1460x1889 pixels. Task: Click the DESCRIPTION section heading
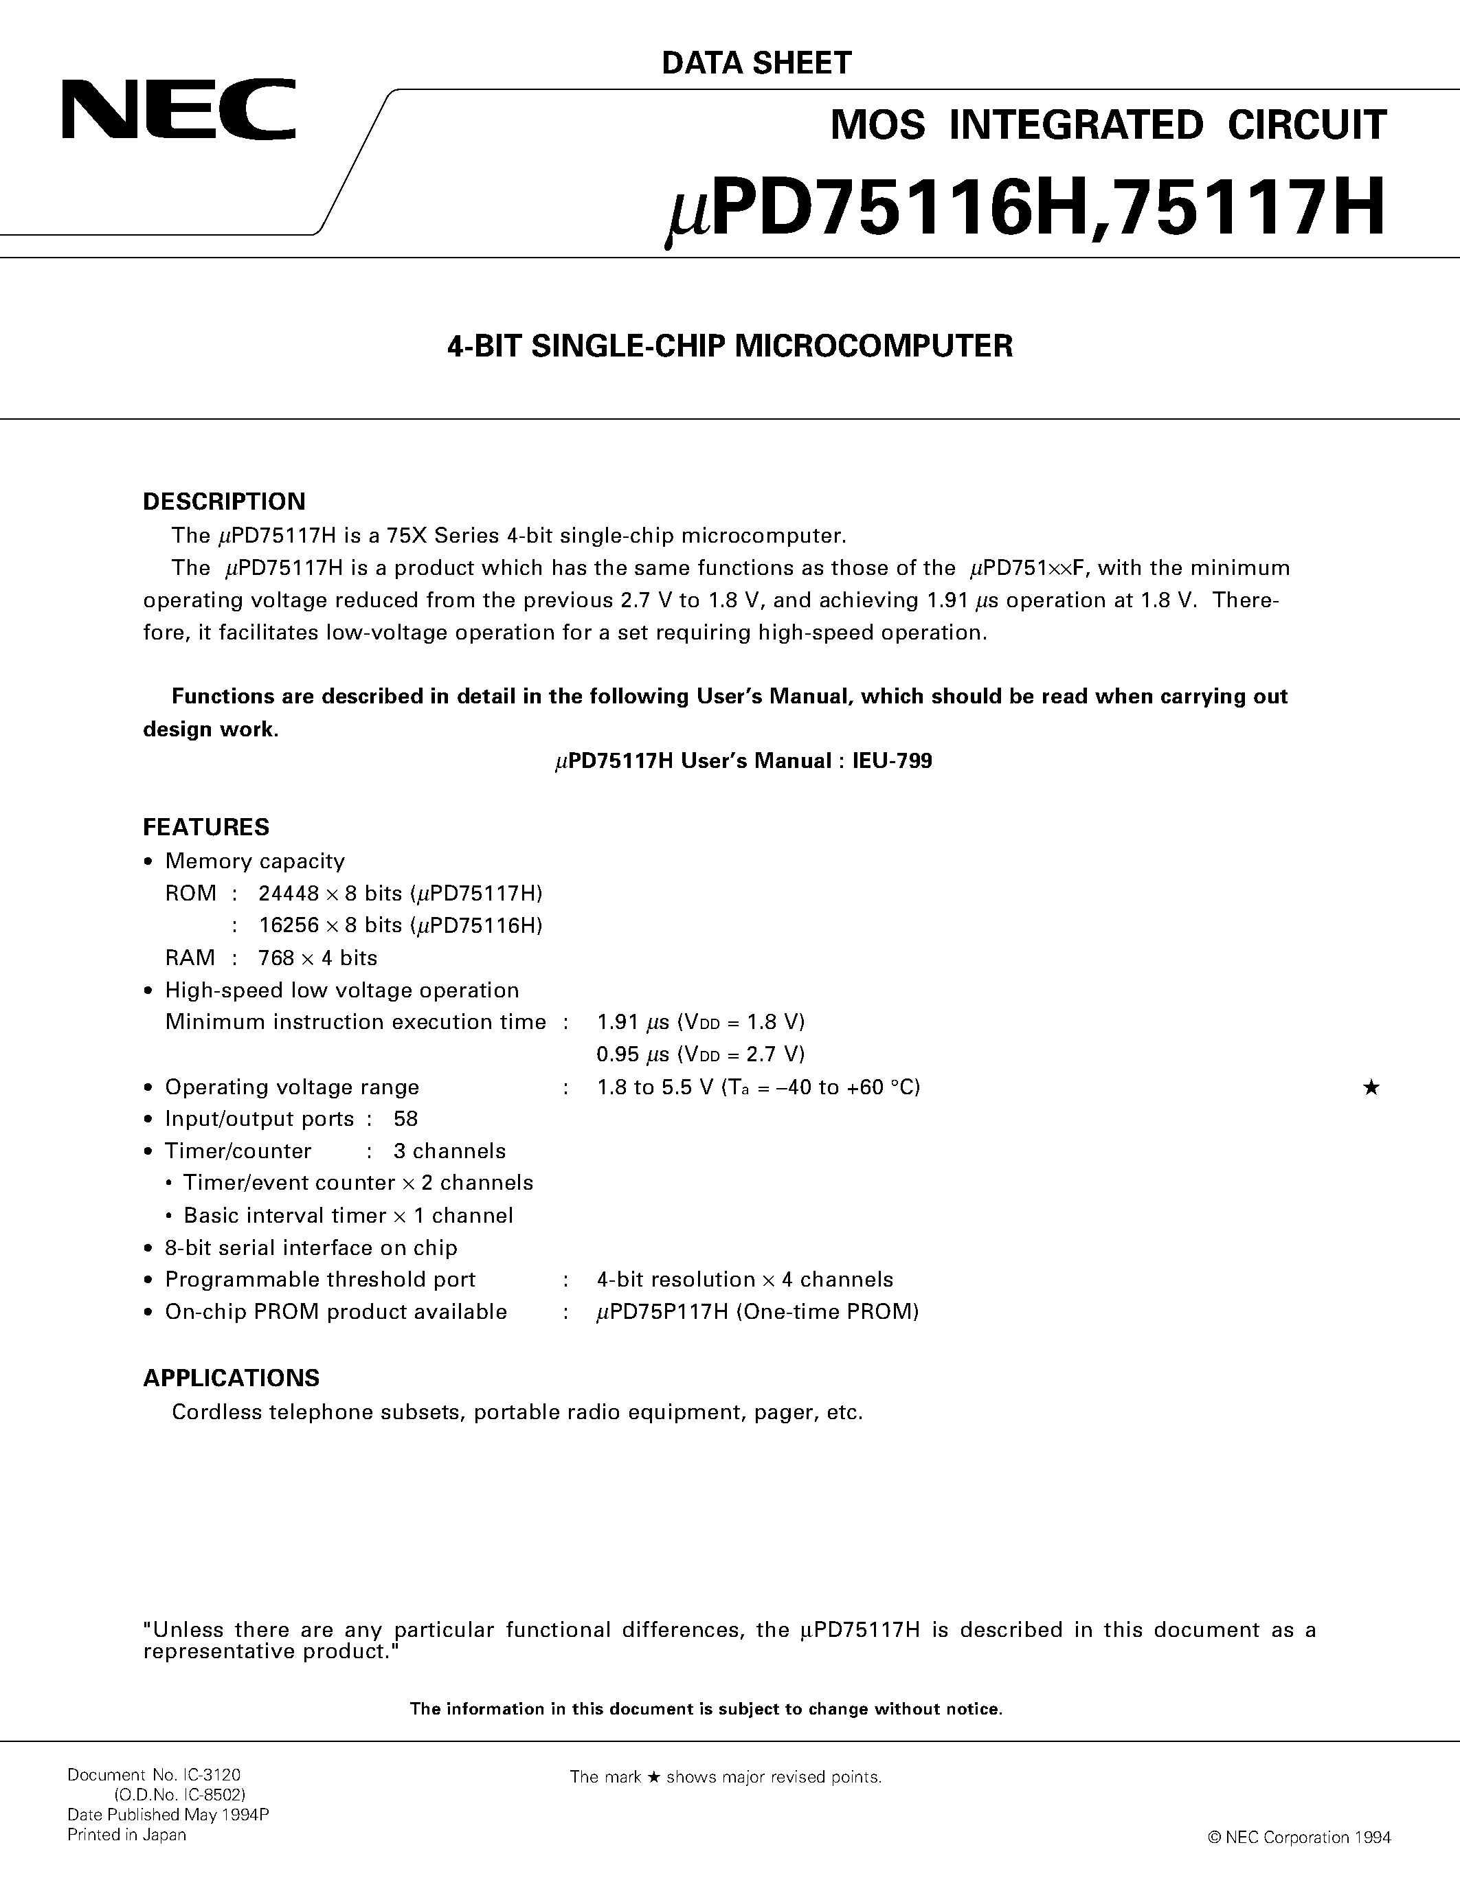pos(224,501)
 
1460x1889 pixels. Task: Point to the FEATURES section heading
pos(206,828)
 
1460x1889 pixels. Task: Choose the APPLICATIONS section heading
pos(231,1378)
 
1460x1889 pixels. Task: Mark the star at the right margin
pos(1371,1088)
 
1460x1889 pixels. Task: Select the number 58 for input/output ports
pos(405,1119)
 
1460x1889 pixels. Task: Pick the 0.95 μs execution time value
pos(633,1054)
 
